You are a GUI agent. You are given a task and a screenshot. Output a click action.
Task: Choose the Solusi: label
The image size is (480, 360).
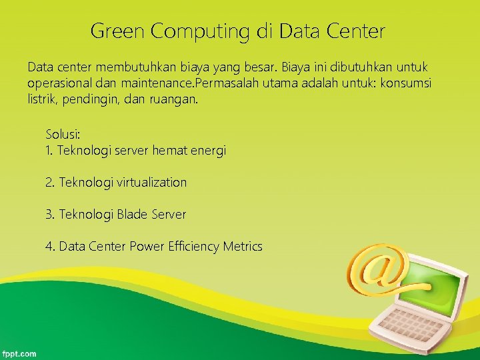(x=62, y=135)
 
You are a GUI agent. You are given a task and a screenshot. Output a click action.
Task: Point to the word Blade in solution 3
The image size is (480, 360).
(x=133, y=215)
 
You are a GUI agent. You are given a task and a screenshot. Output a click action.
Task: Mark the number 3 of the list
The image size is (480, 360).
(x=49, y=215)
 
